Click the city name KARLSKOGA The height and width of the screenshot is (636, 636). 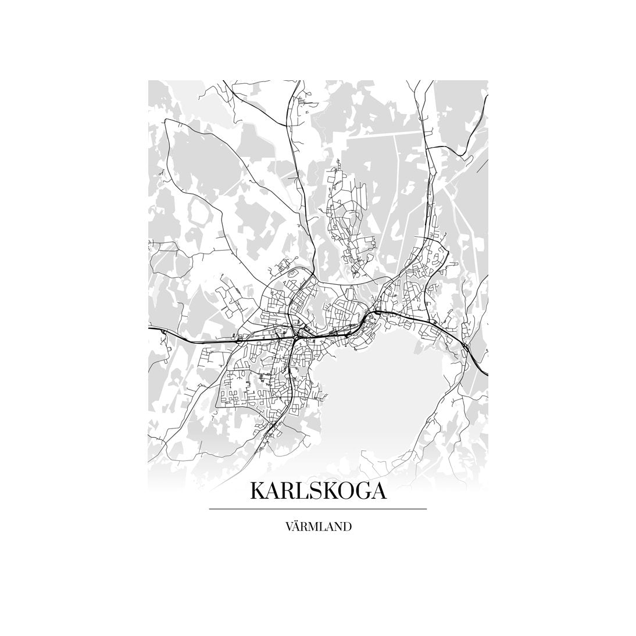click(x=317, y=491)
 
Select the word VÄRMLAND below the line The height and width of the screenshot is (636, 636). click(x=318, y=527)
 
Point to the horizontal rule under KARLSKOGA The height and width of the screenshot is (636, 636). click(x=317, y=509)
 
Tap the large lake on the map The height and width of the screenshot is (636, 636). click(x=384, y=395)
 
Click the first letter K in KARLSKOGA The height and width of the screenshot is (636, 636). click(x=258, y=491)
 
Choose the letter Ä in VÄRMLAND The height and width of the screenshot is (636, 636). click(x=299, y=527)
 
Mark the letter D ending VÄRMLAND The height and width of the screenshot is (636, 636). click(x=346, y=527)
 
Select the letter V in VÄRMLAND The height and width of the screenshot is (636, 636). click(x=290, y=527)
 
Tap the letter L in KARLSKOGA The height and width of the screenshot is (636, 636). click(x=303, y=491)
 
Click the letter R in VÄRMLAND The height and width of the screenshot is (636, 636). click(x=307, y=527)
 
